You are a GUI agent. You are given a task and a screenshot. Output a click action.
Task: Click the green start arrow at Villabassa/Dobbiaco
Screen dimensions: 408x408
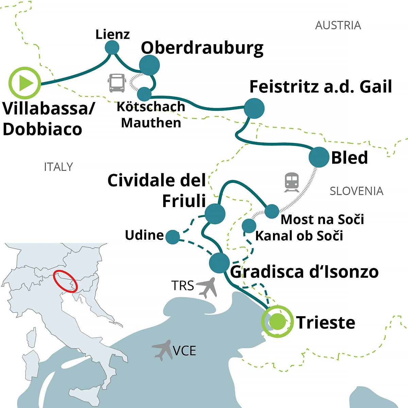pyautogui.click(x=24, y=83)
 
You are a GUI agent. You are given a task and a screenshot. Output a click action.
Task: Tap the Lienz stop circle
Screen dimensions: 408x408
pyautogui.click(x=112, y=48)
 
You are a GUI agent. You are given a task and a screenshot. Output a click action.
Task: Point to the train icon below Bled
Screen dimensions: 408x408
pyautogui.click(x=292, y=182)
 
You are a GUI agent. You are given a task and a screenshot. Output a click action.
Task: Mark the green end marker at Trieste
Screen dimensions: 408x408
pyautogui.click(x=277, y=322)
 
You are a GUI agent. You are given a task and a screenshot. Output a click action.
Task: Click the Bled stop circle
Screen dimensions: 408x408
pyautogui.click(x=319, y=157)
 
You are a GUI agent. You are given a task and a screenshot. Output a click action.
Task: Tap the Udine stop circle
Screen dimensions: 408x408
pyautogui.click(x=173, y=237)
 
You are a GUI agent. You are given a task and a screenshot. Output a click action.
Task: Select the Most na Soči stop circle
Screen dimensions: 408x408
pyautogui.click(x=272, y=211)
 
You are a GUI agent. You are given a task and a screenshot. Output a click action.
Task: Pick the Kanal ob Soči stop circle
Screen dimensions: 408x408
pyautogui.click(x=249, y=226)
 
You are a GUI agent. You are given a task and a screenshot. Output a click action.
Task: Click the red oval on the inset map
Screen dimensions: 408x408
pyautogui.click(x=65, y=281)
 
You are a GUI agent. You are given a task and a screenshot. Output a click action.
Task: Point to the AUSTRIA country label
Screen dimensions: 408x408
pyautogui.click(x=338, y=26)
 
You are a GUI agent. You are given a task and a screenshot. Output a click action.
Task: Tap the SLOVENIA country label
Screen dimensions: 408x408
pyautogui.click(x=356, y=191)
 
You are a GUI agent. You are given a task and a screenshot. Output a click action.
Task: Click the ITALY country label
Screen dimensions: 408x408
pyautogui.click(x=58, y=167)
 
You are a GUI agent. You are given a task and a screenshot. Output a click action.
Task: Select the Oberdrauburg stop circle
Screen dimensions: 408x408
pyautogui.click(x=149, y=65)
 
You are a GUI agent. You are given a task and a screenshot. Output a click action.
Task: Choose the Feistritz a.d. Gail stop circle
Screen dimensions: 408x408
pyautogui.click(x=254, y=108)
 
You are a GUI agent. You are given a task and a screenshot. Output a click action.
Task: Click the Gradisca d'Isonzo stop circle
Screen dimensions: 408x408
pyautogui.click(x=219, y=263)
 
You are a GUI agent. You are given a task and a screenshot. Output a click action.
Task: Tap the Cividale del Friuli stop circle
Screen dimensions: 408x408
pyautogui.click(x=215, y=214)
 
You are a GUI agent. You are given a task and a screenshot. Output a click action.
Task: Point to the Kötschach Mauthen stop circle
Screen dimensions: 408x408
pyautogui.click(x=144, y=94)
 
